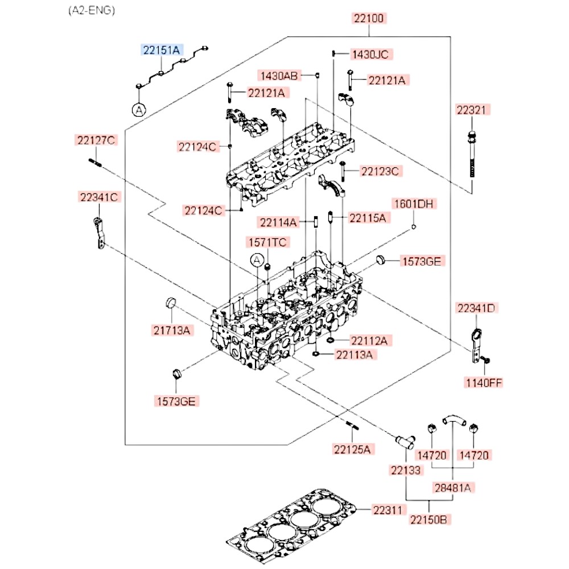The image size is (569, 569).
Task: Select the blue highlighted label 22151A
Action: (x=161, y=50)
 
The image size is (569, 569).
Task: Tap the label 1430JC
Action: (x=370, y=54)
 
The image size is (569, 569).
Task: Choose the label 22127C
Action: (x=96, y=140)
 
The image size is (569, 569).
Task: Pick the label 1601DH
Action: (x=414, y=204)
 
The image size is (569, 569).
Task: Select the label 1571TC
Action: (x=267, y=242)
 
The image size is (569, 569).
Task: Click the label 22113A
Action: (x=356, y=355)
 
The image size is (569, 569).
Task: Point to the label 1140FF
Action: (x=484, y=382)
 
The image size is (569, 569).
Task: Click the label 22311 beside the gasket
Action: (x=390, y=511)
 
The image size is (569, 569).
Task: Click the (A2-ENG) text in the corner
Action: (x=91, y=10)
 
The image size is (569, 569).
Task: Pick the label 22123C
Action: (x=381, y=170)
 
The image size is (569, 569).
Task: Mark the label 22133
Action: (x=405, y=470)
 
